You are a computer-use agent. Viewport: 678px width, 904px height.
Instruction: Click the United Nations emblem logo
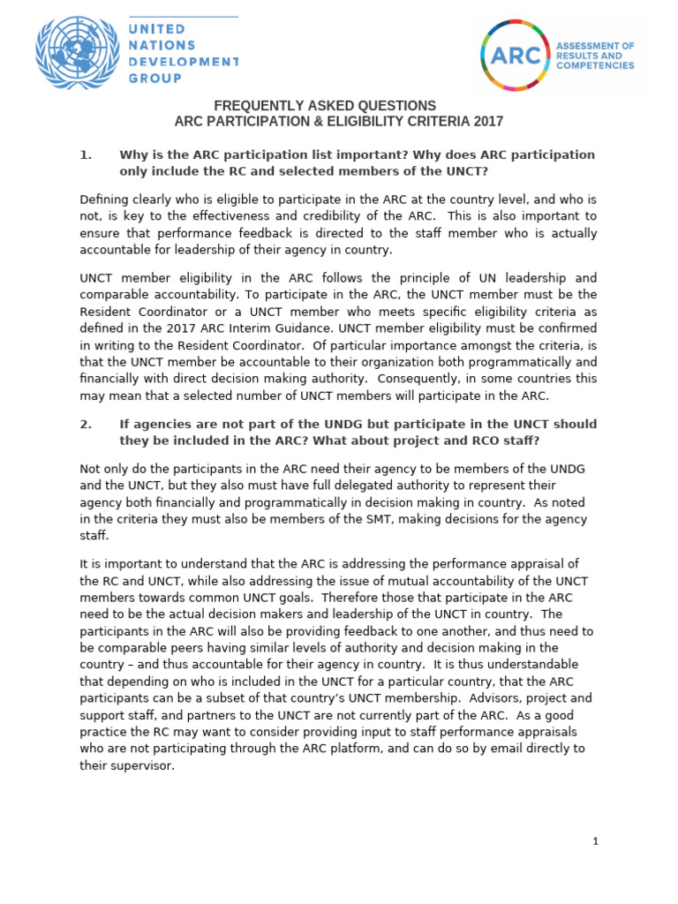click(77, 53)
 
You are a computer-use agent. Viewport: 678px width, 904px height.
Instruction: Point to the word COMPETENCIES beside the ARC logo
click(595, 65)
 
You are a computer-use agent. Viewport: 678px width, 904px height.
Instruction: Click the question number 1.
click(86, 155)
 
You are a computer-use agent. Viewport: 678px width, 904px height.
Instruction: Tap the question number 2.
click(86, 424)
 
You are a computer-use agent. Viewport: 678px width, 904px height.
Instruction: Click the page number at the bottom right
click(596, 841)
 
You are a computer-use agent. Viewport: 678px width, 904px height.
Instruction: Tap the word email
click(513, 749)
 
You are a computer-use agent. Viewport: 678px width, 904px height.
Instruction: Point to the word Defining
click(104, 200)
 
